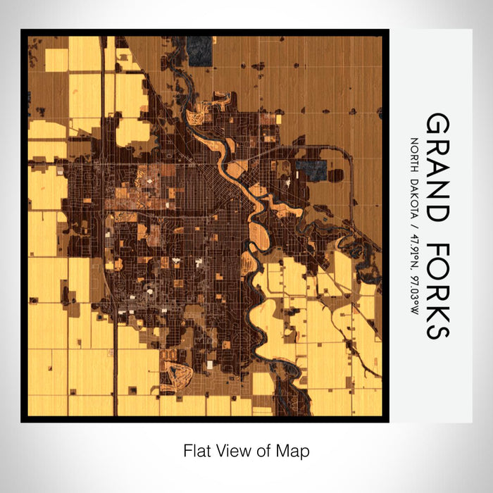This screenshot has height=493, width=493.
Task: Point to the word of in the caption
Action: tap(261, 449)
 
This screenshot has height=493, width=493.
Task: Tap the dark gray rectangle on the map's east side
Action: tap(311, 168)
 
